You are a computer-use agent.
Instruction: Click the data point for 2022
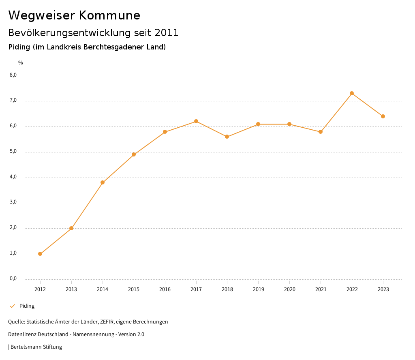click(x=352, y=93)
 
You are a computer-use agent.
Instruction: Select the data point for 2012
click(x=40, y=254)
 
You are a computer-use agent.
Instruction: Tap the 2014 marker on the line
click(x=103, y=182)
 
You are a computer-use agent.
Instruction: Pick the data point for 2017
click(x=196, y=121)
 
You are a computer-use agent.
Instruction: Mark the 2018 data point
click(x=227, y=137)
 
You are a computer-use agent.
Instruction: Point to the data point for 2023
click(x=383, y=116)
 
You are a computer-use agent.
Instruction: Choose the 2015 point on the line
click(x=134, y=154)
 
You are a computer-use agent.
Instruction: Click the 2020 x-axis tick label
click(x=289, y=289)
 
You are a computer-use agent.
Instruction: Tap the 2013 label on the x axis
click(x=71, y=289)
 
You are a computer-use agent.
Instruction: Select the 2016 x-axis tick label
click(x=165, y=289)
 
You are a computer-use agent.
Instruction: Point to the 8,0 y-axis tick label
click(x=13, y=75)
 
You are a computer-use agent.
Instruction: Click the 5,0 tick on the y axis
click(x=13, y=152)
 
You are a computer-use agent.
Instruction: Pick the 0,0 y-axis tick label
click(x=13, y=279)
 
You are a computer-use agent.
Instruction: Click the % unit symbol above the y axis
click(x=21, y=62)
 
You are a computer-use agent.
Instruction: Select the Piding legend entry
click(x=27, y=306)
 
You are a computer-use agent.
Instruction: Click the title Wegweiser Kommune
click(x=74, y=15)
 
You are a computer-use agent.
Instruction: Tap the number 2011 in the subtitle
click(x=167, y=32)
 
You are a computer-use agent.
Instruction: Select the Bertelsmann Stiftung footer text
click(x=36, y=347)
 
